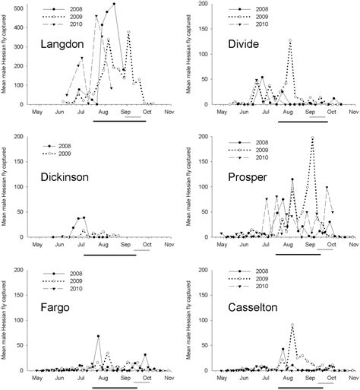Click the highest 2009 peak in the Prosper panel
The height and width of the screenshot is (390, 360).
tap(313, 138)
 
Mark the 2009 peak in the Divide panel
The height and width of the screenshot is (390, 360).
tap(290, 40)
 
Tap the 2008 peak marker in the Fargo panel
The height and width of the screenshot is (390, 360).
tap(99, 336)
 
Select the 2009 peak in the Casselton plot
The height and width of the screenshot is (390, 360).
tap(293, 325)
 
